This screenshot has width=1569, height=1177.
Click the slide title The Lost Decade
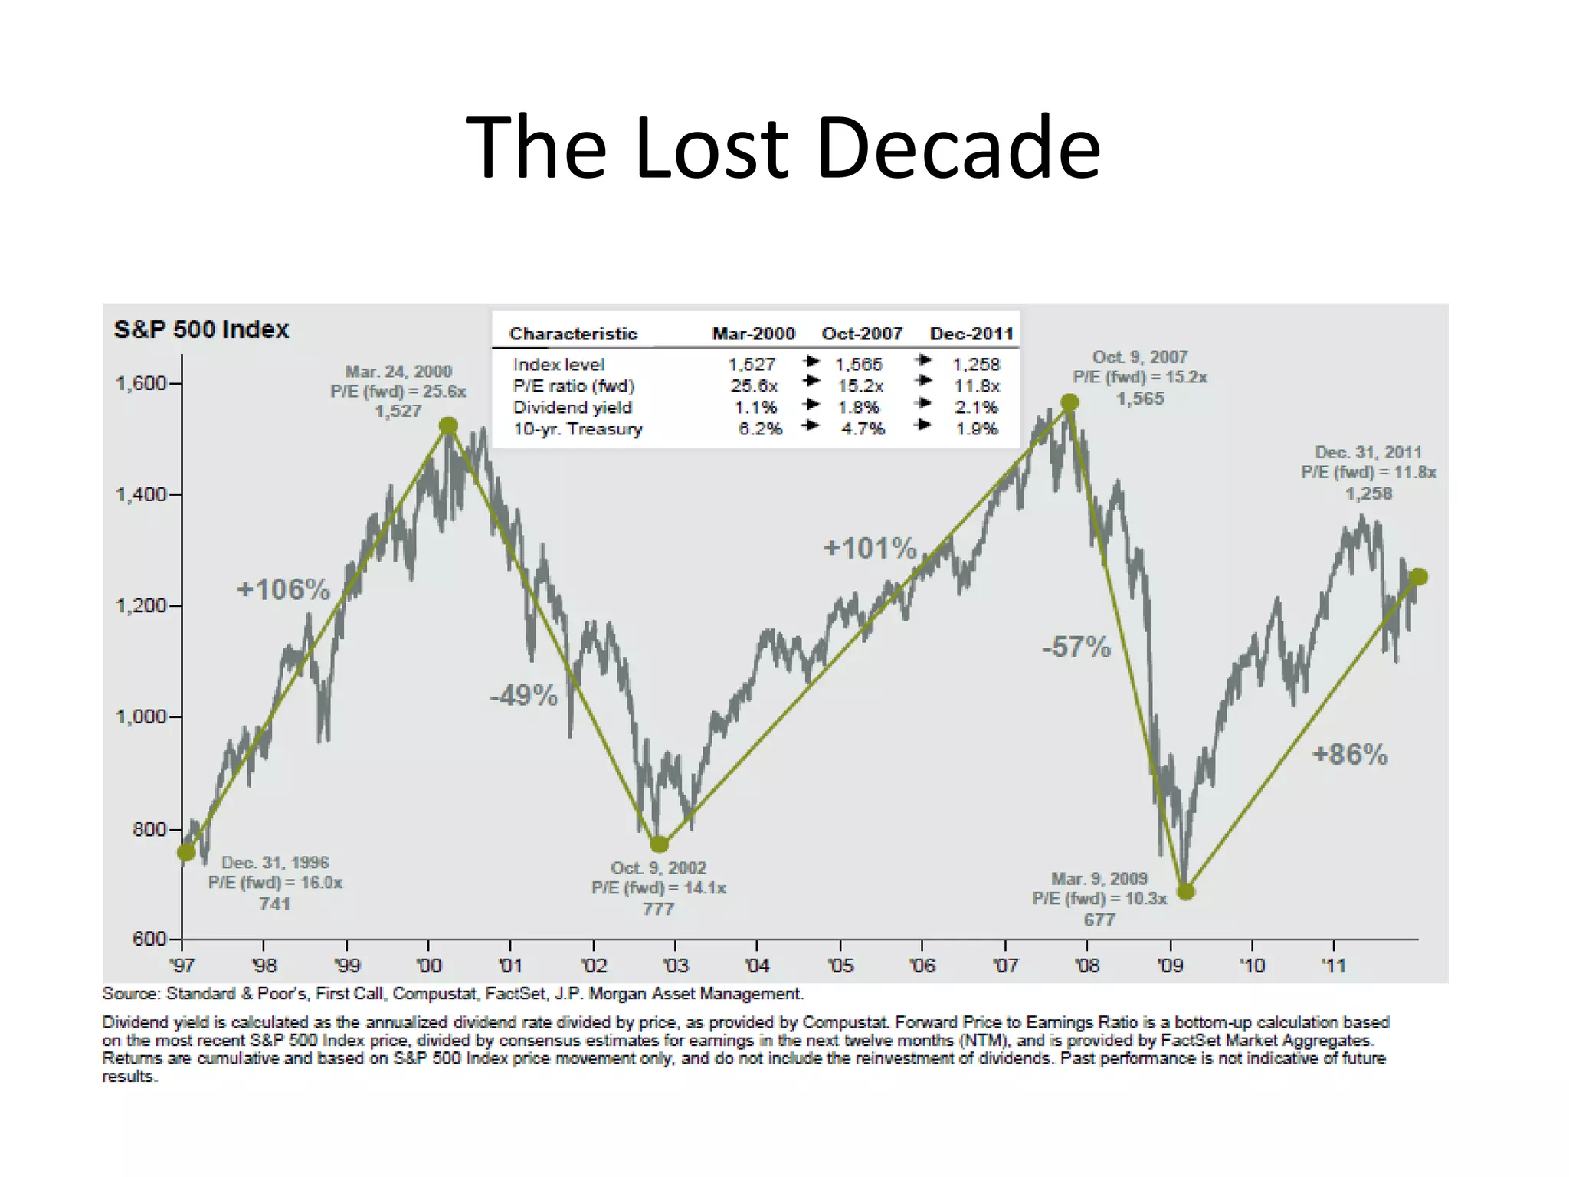click(x=783, y=147)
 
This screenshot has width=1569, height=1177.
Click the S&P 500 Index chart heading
click(x=201, y=329)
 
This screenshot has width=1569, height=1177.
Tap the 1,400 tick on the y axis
click(x=141, y=494)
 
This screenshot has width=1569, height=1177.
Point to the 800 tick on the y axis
click(x=149, y=829)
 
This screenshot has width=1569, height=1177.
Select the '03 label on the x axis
click(x=675, y=966)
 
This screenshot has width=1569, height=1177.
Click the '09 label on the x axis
click(x=1170, y=966)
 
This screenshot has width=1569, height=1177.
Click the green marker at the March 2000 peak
click(x=448, y=426)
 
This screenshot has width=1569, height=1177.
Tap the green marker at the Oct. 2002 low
click(x=659, y=844)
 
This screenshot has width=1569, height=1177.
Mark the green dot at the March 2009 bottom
click(x=1185, y=891)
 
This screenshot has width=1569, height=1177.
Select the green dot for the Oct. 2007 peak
click(x=1069, y=402)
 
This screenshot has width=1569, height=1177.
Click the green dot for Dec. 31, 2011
click(x=1417, y=577)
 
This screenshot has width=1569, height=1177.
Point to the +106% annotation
click(x=283, y=589)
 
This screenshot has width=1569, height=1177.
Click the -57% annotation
click(x=1076, y=648)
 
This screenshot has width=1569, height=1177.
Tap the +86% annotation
click(x=1350, y=755)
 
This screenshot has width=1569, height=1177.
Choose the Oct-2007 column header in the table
click(x=862, y=334)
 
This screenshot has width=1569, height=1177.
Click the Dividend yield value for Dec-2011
click(x=976, y=408)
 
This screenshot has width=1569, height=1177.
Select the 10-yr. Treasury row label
click(x=578, y=429)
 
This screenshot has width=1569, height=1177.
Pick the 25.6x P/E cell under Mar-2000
click(x=754, y=386)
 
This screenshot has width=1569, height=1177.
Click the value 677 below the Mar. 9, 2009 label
click(x=1099, y=920)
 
